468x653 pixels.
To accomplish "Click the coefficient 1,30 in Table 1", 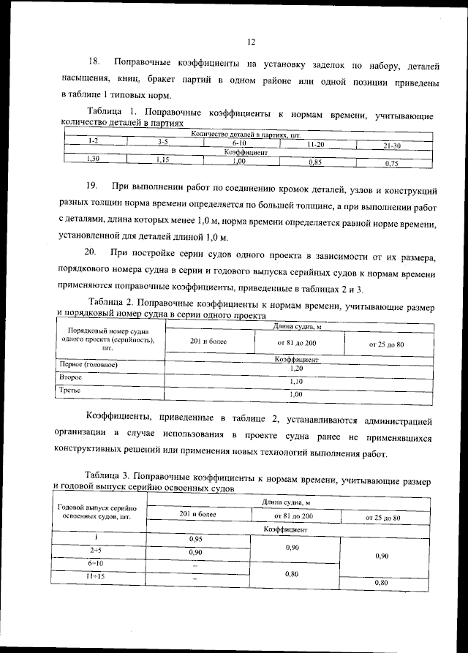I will coord(93,157).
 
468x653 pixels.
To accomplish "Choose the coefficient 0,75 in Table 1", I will coord(392,164).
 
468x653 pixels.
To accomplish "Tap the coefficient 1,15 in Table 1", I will coord(162,159).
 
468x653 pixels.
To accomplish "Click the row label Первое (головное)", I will coord(87,364).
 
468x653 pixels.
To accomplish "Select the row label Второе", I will coord(70,377).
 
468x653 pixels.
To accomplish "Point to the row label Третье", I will coord(70,390).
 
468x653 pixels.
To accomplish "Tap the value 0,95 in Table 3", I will coord(195,539).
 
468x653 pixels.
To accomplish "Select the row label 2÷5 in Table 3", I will coord(96,549).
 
